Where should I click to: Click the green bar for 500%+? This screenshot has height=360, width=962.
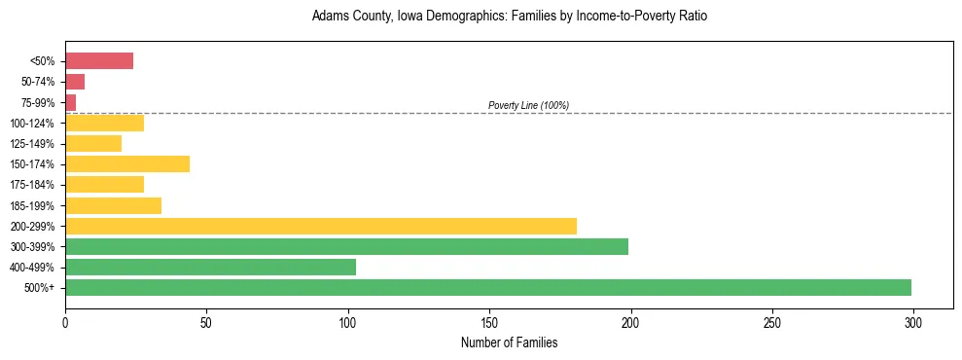pyautogui.click(x=488, y=287)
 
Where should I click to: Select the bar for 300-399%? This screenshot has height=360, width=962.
pyautogui.click(x=346, y=246)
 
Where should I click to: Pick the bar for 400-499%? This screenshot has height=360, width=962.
pyautogui.click(x=210, y=267)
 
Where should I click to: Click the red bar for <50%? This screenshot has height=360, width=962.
pyautogui.click(x=99, y=61)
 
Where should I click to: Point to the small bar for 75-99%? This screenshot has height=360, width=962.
pyautogui.click(x=70, y=102)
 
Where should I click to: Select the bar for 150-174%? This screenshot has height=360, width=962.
pyautogui.click(x=127, y=163)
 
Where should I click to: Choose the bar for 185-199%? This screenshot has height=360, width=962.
pyautogui.click(x=113, y=205)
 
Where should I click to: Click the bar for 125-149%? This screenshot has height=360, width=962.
pyautogui.click(x=93, y=143)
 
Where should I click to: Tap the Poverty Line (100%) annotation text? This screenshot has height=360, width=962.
pyautogui.click(x=528, y=105)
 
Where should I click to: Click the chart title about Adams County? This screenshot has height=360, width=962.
pyautogui.click(x=516, y=17)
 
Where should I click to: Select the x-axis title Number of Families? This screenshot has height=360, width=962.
pyautogui.click(x=509, y=342)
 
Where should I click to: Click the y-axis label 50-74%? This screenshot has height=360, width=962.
pyautogui.click(x=39, y=82)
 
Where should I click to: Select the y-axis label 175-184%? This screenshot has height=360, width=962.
pyautogui.click(x=34, y=185)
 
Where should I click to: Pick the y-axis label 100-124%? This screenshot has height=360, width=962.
pyautogui.click(x=34, y=124)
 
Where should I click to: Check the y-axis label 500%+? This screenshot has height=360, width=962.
pyautogui.click(x=40, y=288)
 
